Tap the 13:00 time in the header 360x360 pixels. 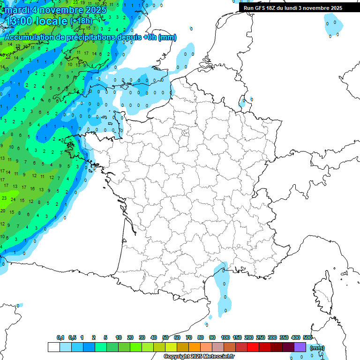(18, 21)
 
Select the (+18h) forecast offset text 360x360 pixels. (81, 21)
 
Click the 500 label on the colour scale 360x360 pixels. (307, 337)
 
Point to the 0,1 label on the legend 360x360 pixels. (60, 337)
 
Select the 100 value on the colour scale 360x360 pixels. (225, 337)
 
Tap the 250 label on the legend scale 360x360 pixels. (261, 337)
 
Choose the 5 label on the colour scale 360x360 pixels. (105, 337)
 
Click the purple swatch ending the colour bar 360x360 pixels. (300, 347)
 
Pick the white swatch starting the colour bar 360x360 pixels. (54, 347)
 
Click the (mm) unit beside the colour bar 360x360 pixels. (317, 348)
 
